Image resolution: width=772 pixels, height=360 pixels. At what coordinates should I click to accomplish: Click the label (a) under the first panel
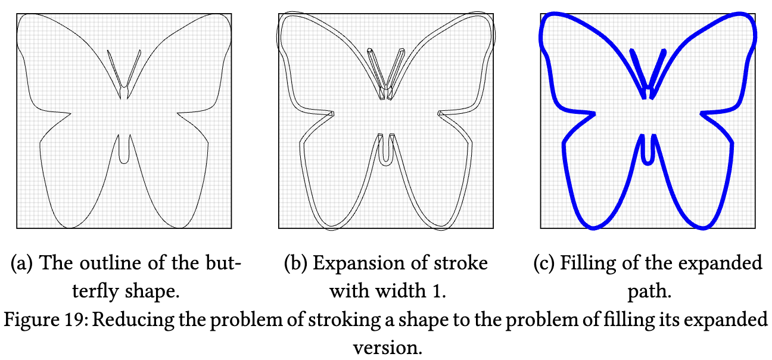pos(21,263)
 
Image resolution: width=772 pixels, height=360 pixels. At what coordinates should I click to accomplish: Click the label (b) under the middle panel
pos(294,263)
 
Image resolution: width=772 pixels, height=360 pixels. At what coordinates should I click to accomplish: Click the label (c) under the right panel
pos(543,263)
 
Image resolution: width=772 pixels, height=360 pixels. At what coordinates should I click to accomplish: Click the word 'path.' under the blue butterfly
pos(647,292)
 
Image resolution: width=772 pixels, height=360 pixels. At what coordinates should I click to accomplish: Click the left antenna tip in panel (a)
pos(108,51)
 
